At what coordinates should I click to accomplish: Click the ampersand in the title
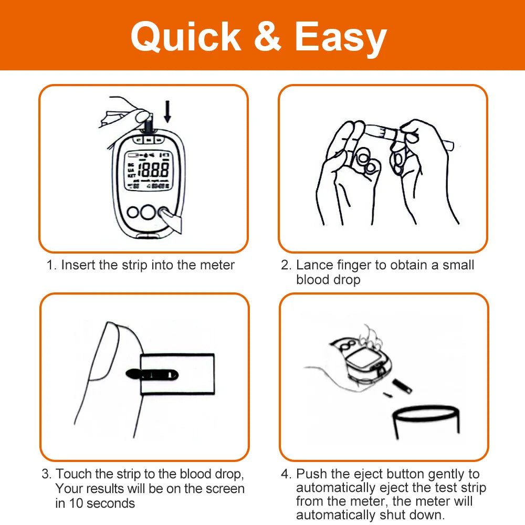tap(267, 36)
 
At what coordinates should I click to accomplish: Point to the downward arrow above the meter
tap(167, 111)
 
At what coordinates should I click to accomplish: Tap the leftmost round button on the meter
tap(133, 212)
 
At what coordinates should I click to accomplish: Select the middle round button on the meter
tap(148, 212)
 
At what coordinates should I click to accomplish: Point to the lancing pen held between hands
tap(408, 135)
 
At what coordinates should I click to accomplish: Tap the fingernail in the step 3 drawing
tap(104, 352)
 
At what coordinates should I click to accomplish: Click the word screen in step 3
tap(225, 489)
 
